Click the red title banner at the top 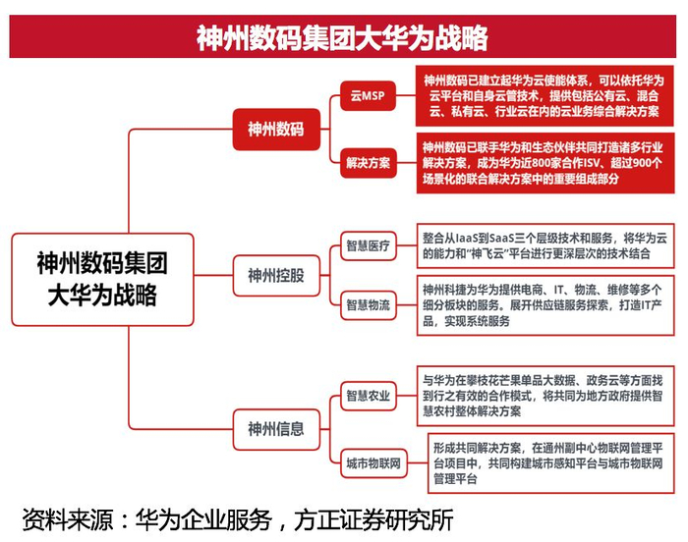[343, 38]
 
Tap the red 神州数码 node [275, 128]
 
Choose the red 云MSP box [367, 98]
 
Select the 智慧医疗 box [367, 245]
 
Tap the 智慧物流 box [367, 305]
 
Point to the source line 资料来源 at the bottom [236, 518]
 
